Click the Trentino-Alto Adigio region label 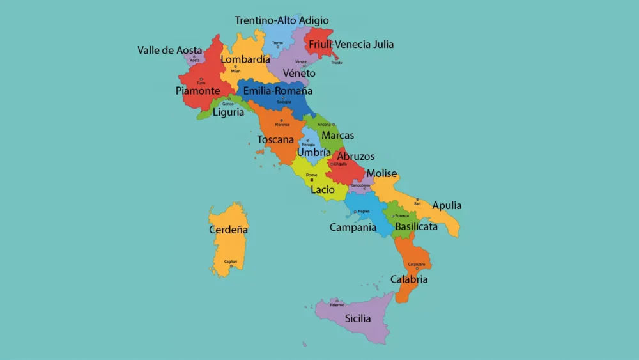pos(282,20)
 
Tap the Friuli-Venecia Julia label pos(351,45)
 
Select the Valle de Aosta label pos(170,50)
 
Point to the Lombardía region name pos(245,59)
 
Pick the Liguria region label pos(228,112)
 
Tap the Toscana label pos(275,139)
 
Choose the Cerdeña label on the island pos(228,230)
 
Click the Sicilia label pos(358,318)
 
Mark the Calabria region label pos(409,279)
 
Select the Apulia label pos(447,206)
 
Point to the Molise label pos(381,173)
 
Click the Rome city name pos(312,175)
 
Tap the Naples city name pos(364,211)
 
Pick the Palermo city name pos(337,305)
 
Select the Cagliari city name pos(230,261)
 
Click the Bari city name pos(417,203)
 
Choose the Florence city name pos(282,124)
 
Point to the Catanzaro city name pos(417,264)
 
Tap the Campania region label pos(353,227)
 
